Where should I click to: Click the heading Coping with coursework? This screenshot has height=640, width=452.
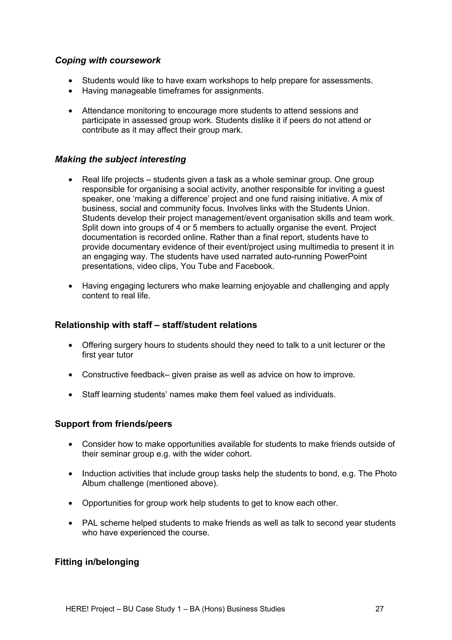tap(108, 61)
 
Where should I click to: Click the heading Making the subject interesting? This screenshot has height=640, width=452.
tap(120, 159)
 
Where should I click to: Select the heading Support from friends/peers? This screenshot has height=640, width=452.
tap(113, 424)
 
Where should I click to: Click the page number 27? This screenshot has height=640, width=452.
tap(379, 609)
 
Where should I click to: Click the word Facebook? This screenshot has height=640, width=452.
tap(254, 266)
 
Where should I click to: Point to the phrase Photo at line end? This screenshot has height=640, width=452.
tap(386, 473)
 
